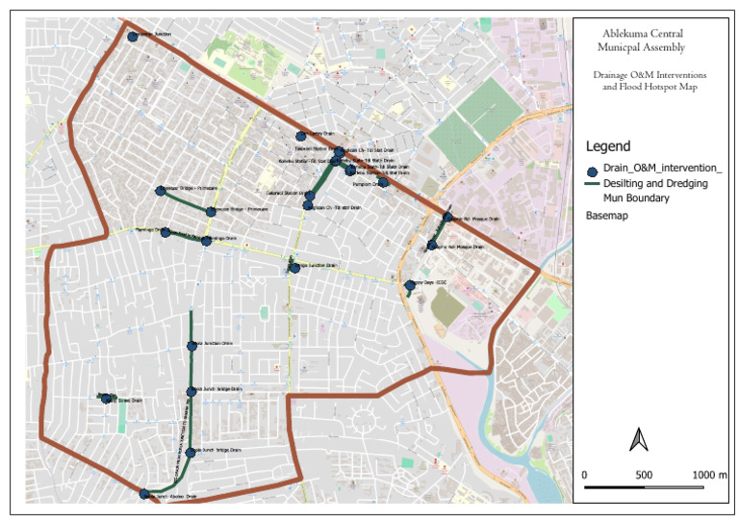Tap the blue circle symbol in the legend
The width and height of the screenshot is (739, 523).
(592, 170)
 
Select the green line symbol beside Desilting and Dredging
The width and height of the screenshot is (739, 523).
(592, 184)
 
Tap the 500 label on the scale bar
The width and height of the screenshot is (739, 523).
(644, 476)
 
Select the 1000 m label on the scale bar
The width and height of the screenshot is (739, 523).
(709, 476)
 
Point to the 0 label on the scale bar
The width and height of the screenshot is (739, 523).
(585, 476)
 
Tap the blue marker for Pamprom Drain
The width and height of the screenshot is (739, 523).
(383, 182)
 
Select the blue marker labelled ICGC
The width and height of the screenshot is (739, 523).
(410, 285)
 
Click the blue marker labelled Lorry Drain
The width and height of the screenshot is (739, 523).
(300, 136)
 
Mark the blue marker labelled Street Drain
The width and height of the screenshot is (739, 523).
(106, 398)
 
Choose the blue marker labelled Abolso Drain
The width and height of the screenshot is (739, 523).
(144, 494)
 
